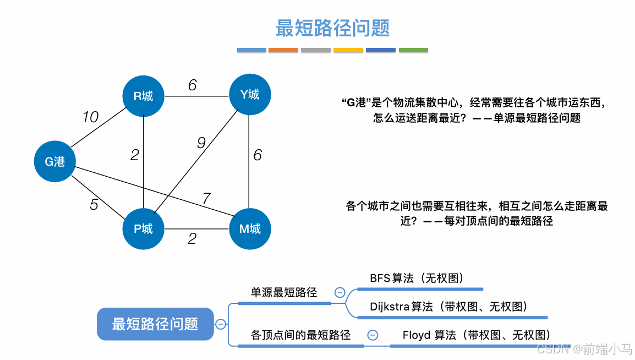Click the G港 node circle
[55, 161]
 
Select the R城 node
[144, 96]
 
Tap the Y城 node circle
[250, 95]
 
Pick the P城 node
[144, 228]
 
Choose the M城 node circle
[250, 228]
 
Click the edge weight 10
[90, 117]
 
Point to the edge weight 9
[201, 143]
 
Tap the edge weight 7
[206, 198]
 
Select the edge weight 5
[94, 205]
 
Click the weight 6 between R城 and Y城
[192, 85]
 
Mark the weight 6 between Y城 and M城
[258, 155]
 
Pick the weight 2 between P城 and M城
[192, 239]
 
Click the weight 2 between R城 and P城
[135, 155]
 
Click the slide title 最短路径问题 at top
[332, 28]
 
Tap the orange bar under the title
[283, 50]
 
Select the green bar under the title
[413, 50]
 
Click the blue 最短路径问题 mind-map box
[155, 324]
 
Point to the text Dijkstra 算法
[401, 307]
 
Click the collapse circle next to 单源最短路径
[340, 293]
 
